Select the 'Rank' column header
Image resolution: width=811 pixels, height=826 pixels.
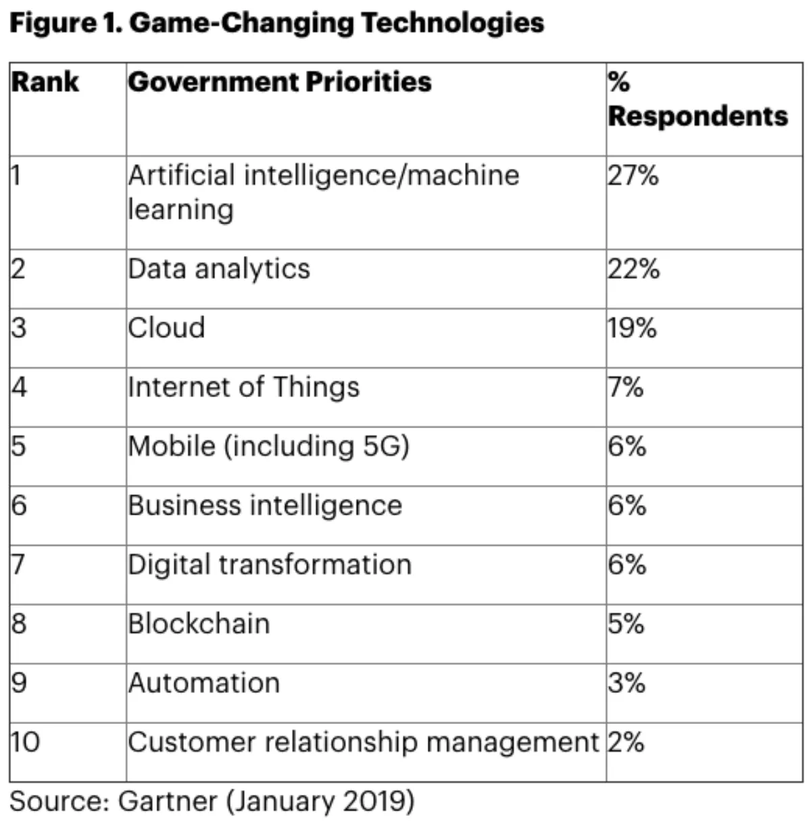coord(45,82)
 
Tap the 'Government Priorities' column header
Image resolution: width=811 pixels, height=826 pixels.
coord(280,82)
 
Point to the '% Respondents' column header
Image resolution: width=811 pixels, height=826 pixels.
coord(697,99)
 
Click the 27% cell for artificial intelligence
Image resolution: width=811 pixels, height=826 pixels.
coord(633,176)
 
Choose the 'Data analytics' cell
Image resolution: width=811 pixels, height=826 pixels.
coord(219,269)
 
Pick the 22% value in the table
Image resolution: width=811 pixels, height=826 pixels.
coord(633,269)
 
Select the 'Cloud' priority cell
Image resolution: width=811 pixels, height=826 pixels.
coord(167,328)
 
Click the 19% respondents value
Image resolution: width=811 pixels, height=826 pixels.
coord(632,328)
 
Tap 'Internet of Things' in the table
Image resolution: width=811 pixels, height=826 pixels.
coord(243,387)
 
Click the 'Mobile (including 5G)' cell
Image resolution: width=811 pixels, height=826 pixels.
coord(268,446)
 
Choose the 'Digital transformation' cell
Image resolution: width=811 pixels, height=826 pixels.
coord(270,565)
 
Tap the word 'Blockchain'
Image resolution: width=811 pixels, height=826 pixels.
coord(199,623)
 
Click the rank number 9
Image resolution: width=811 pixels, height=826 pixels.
coord(19,683)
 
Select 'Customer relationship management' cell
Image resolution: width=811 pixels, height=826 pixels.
coord(364,742)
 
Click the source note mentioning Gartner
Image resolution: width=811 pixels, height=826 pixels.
coord(212,802)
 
